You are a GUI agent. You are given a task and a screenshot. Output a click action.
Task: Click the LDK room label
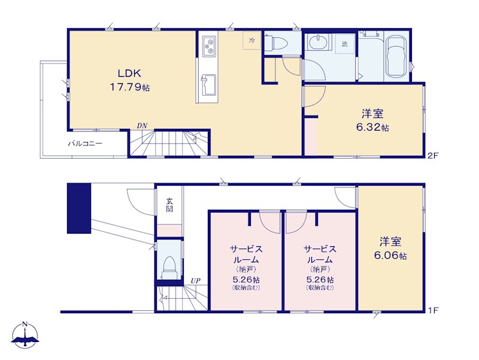point(129,73)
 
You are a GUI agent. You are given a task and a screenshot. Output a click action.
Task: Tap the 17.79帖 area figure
point(130,87)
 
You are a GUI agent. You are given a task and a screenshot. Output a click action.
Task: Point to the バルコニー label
point(85,143)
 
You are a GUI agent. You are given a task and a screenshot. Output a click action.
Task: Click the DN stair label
point(142,125)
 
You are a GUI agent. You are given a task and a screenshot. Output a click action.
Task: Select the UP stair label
point(196,280)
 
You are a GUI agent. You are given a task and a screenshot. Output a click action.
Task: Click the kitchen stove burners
point(209,46)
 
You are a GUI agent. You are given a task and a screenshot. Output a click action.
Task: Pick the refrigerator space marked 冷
point(252,40)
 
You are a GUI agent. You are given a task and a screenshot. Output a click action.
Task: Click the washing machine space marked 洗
point(345,44)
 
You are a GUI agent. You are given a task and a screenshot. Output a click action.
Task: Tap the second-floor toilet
point(275,44)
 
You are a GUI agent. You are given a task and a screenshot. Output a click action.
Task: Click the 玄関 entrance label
point(169,205)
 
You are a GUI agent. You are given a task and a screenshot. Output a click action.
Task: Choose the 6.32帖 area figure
point(372,127)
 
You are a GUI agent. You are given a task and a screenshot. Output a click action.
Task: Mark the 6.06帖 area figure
point(390,256)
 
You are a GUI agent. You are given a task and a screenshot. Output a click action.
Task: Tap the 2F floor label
point(433,156)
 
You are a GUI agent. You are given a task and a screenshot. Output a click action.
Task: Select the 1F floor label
point(433,310)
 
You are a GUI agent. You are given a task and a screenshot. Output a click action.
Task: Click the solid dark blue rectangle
point(79,208)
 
